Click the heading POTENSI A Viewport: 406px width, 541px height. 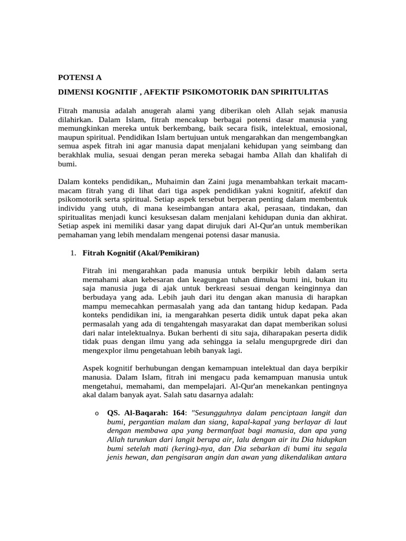point(80,77)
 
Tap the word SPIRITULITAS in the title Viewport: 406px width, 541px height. point(300,92)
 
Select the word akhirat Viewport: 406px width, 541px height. point(334,218)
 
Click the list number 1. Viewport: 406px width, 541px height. point(73,254)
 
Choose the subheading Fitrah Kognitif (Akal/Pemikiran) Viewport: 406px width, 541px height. point(141,254)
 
